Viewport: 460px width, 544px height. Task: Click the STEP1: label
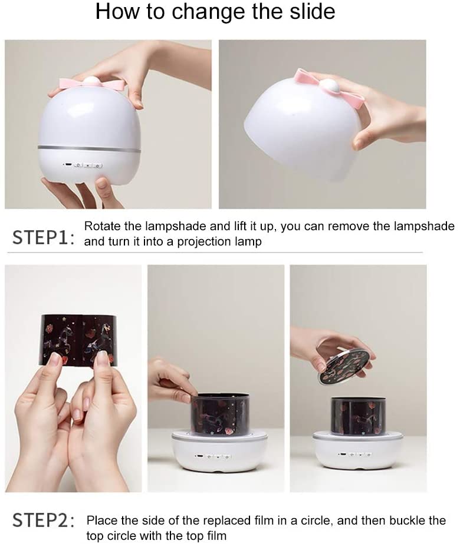coord(44,238)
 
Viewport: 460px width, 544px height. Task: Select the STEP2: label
coord(44,520)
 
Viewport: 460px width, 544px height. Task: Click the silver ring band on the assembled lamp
coord(89,149)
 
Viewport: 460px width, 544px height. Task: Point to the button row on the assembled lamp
coord(83,165)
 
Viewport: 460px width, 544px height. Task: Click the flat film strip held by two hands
coord(79,340)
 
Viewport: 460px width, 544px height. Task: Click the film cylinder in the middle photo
coord(220,413)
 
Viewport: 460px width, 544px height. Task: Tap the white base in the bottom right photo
coord(358,451)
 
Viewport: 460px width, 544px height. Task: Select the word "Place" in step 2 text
coord(101,520)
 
